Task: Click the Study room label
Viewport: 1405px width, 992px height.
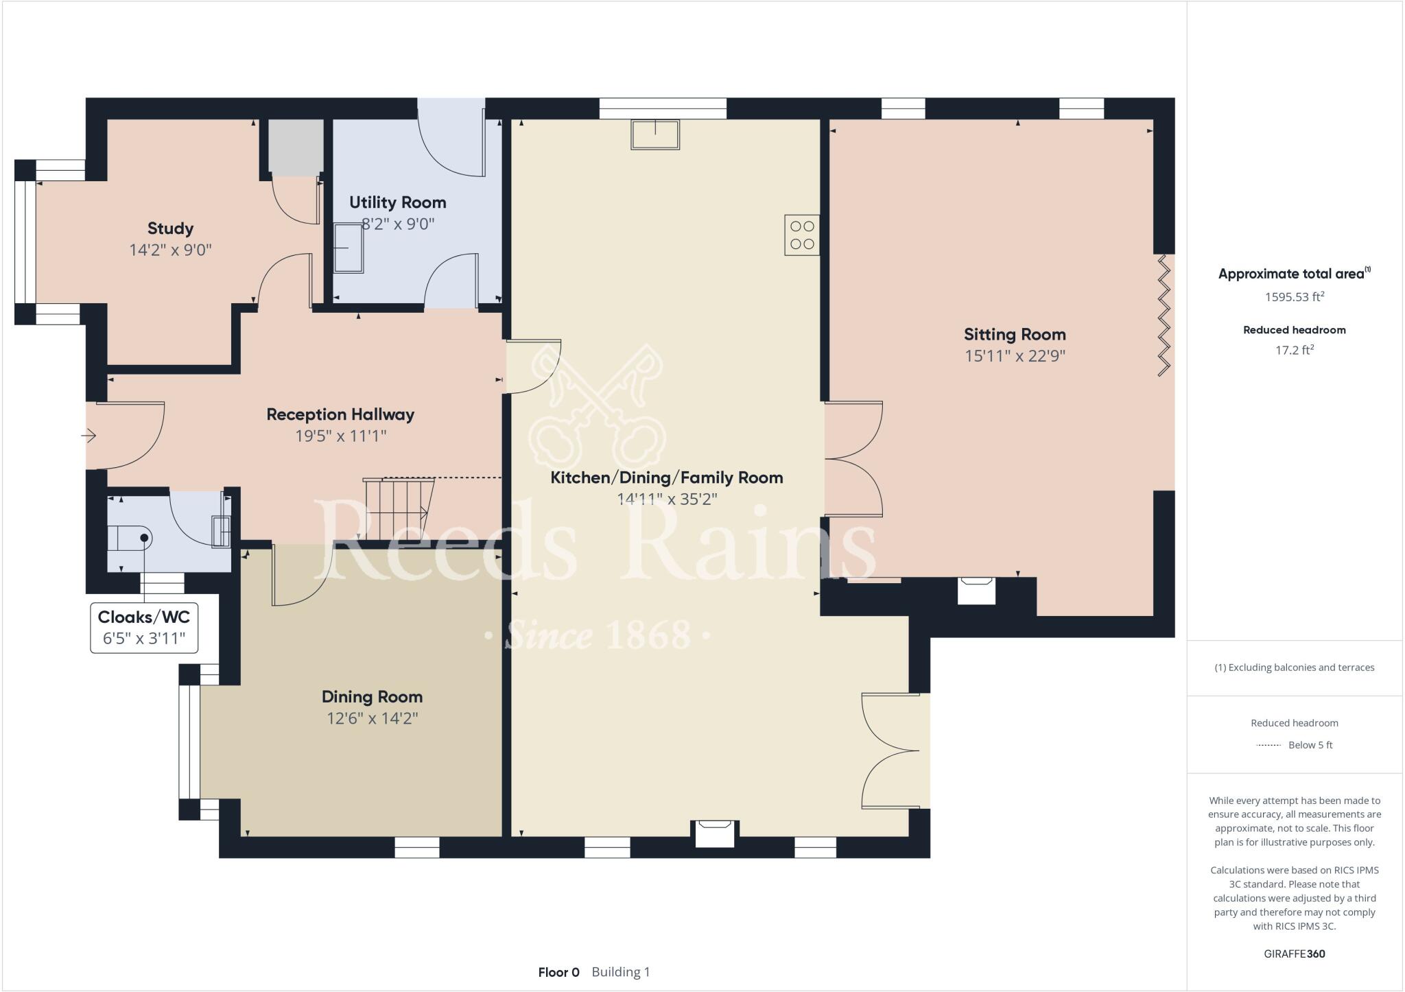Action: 170,228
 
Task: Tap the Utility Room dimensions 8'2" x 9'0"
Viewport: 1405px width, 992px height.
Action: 398,224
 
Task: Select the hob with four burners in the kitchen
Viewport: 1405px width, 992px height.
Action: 802,235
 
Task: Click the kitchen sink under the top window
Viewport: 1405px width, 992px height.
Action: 655,134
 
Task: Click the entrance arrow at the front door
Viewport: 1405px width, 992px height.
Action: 89,436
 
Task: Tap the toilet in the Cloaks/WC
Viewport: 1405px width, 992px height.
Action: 130,539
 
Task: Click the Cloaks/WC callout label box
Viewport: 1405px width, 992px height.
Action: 144,627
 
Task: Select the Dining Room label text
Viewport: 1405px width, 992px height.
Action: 372,697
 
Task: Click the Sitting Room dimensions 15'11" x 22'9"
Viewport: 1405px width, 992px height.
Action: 1015,356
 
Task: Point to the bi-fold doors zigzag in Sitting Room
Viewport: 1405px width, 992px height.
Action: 1164,316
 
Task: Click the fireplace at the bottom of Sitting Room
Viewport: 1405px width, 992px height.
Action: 976,589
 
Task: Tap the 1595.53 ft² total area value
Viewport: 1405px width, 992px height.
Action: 1294,297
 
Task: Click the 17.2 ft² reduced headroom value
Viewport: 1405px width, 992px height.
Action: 1294,350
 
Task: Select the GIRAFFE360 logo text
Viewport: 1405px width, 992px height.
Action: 1294,954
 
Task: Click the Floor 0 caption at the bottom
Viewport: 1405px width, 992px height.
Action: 558,972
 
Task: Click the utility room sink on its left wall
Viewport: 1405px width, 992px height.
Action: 349,248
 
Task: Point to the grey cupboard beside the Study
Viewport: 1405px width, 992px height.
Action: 295,146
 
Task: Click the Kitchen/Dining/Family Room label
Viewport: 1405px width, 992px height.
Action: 667,477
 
